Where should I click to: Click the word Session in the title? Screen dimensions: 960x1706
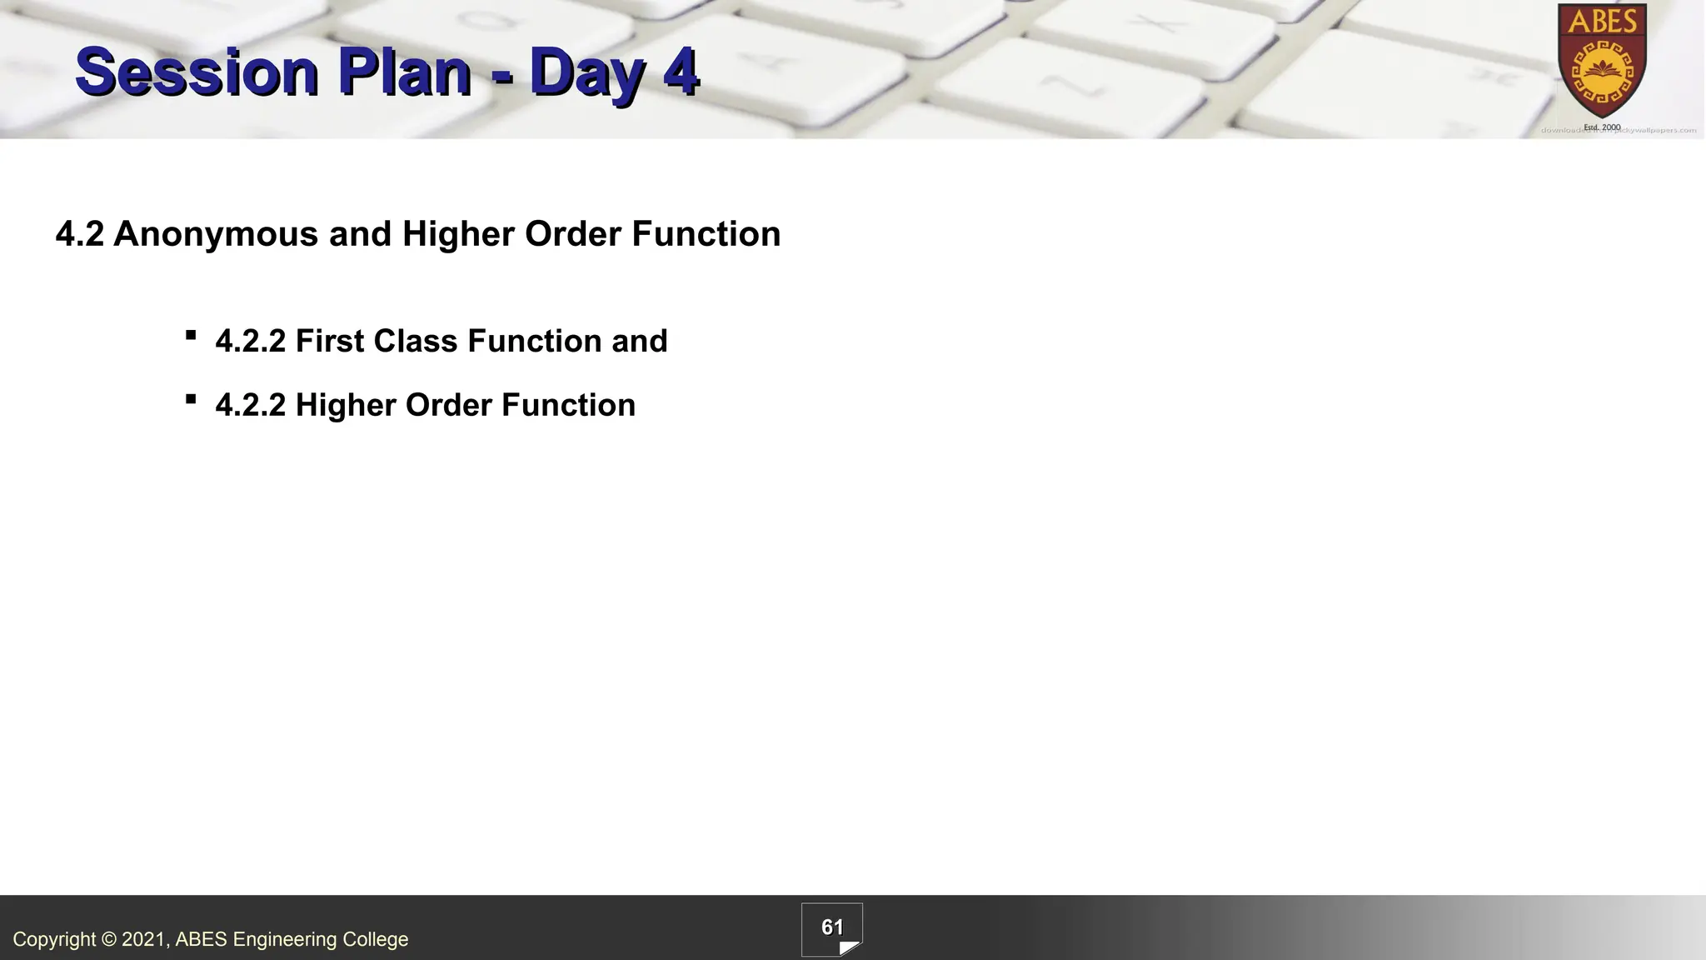point(197,72)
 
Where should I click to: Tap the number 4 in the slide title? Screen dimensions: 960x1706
point(681,72)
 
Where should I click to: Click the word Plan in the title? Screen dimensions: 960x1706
point(404,72)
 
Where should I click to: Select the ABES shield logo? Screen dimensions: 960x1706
point(1602,62)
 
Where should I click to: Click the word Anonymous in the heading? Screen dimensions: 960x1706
point(216,234)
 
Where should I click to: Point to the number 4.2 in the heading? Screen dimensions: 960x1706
point(79,234)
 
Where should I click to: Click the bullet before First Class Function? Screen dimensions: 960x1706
point(191,336)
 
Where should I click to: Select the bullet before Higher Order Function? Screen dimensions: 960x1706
point(191,400)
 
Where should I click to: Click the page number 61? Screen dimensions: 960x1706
point(832,927)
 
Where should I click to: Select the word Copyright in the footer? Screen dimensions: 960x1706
point(54,940)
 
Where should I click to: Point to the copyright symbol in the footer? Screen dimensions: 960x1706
point(109,940)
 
